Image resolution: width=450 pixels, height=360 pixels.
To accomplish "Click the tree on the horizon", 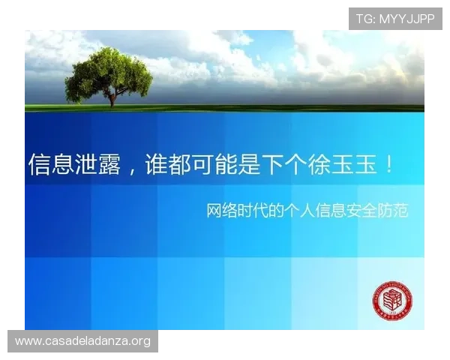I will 108,73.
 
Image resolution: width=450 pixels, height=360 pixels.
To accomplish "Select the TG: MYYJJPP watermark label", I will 395,19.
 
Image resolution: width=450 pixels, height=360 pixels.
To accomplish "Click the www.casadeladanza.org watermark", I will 83,341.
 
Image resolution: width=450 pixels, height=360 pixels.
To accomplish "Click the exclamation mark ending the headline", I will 388,164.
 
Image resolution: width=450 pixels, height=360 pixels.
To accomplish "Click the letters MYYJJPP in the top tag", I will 407,19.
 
